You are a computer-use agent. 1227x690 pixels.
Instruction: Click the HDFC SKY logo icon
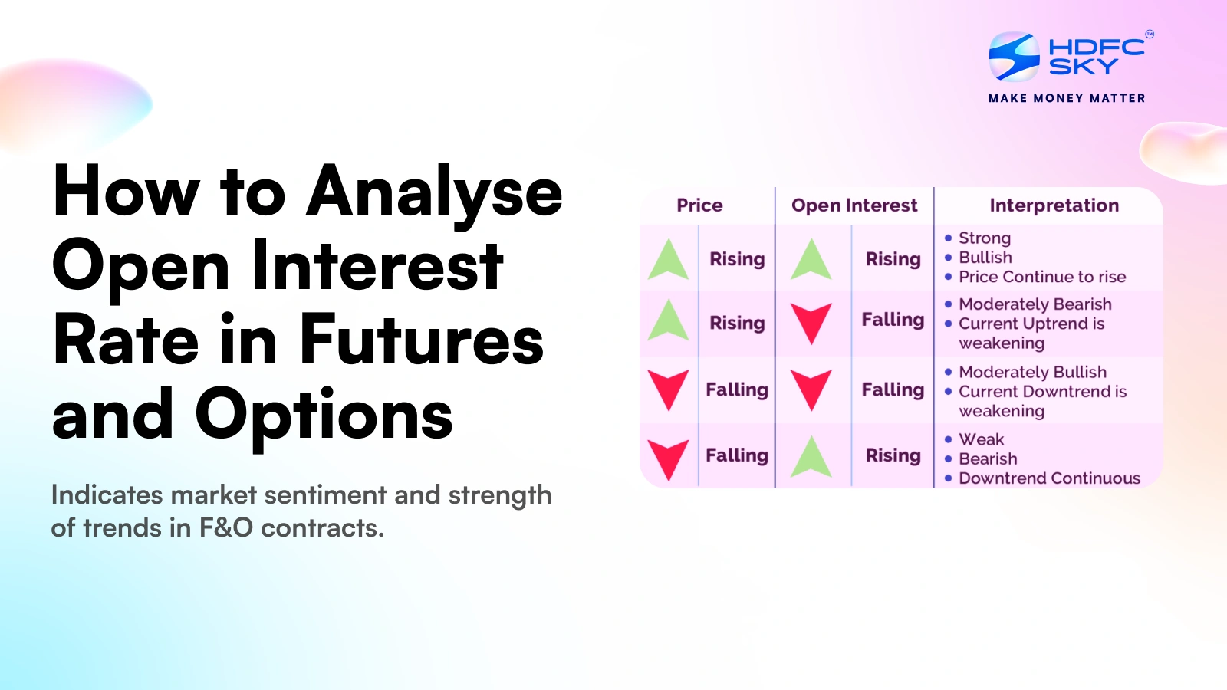pos(1014,57)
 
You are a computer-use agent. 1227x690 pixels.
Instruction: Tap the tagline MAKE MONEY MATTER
pos(1067,98)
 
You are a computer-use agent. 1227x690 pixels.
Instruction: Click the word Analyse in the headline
pos(434,192)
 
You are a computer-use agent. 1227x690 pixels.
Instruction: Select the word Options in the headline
pos(324,415)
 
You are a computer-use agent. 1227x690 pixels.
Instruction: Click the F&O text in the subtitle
pos(225,528)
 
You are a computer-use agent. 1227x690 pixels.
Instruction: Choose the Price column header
pos(699,205)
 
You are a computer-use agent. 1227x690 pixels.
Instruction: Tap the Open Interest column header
pos(854,205)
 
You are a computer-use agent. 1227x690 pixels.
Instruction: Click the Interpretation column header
pos(1054,205)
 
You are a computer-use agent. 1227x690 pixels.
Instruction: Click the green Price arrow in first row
pos(668,259)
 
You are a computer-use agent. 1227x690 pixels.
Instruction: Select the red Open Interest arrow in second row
pos(811,322)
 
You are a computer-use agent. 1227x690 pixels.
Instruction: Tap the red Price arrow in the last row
pos(668,458)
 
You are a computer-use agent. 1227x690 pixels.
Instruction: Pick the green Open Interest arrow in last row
pos(811,457)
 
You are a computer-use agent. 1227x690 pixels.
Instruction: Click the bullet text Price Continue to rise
pos(1041,277)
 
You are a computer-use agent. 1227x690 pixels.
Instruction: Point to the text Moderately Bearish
pos(1035,304)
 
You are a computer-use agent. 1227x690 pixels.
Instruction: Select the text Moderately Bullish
pos(1032,372)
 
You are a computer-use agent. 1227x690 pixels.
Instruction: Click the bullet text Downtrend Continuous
pos(1049,478)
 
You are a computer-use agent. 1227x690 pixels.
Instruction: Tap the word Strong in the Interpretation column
pos(985,238)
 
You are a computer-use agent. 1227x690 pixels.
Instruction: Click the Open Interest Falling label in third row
pos(893,390)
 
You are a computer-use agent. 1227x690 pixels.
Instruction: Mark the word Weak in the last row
pos(981,439)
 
